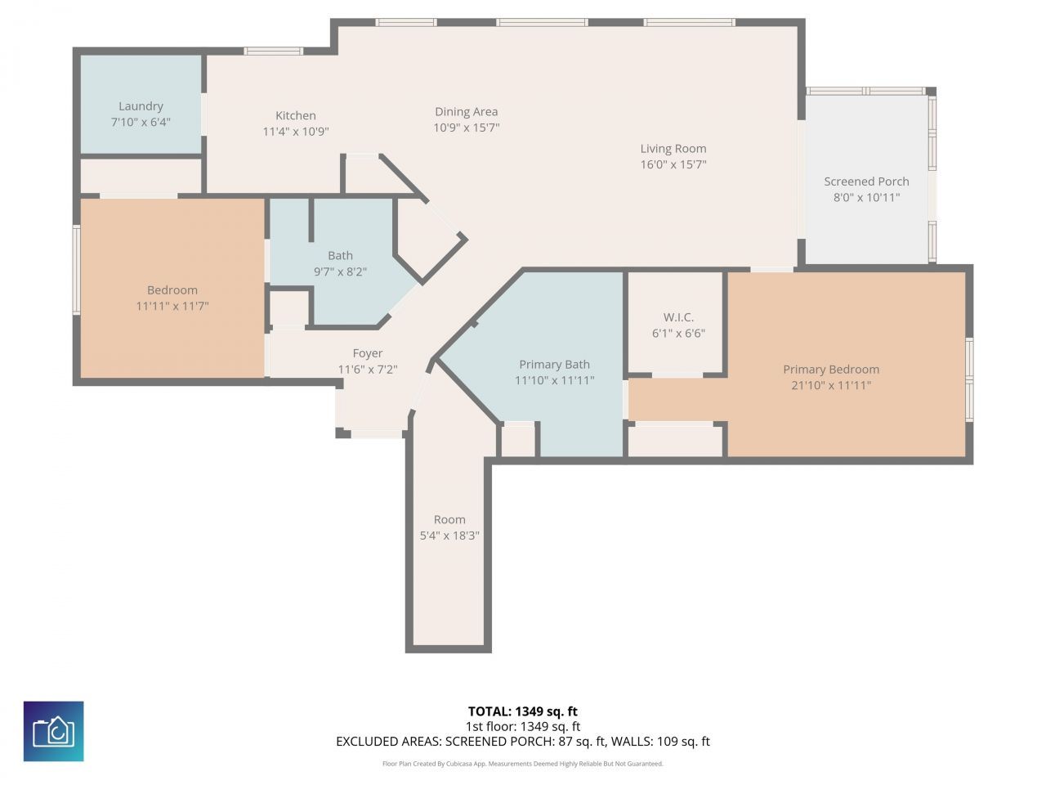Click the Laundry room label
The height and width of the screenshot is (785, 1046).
point(141,106)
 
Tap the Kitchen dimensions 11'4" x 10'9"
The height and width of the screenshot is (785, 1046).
point(295,132)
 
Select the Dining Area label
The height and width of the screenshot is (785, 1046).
point(466,112)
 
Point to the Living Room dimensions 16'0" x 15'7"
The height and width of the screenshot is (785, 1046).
point(673,164)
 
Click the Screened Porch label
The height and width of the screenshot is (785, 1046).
point(866,182)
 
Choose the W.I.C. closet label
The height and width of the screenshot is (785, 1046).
point(678,317)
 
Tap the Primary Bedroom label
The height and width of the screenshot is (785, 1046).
point(831,370)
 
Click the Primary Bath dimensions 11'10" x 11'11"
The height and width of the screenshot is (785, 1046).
point(554,380)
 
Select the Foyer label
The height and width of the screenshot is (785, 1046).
point(367,353)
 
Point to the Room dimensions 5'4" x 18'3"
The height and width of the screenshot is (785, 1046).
point(449,536)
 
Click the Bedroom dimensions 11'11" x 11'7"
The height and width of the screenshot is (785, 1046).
point(172,306)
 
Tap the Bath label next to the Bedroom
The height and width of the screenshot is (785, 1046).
point(340,256)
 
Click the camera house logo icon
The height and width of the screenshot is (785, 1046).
point(53,731)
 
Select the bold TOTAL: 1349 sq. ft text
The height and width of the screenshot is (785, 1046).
point(522,711)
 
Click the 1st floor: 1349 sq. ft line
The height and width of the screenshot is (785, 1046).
point(522,726)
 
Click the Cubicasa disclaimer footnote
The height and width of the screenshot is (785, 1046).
point(522,764)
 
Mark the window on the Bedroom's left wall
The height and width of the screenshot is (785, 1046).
point(77,270)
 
